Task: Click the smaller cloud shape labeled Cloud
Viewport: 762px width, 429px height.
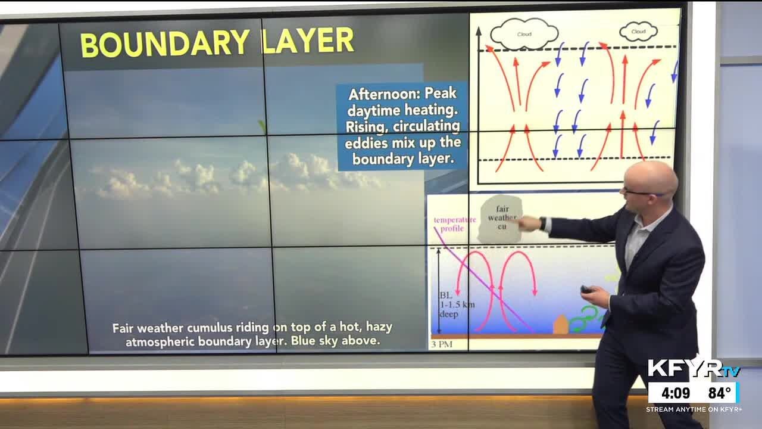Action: pyautogui.click(x=638, y=32)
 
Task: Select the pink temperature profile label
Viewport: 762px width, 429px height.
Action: pyautogui.click(x=454, y=224)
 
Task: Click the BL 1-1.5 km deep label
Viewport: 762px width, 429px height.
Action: pyautogui.click(x=457, y=304)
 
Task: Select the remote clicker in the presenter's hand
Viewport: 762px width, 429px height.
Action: pyautogui.click(x=587, y=290)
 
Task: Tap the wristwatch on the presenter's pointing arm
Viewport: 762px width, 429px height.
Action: pyautogui.click(x=543, y=223)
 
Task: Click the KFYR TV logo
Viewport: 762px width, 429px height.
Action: pyautogui.click(x=693, y=369)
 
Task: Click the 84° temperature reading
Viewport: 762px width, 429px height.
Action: pyautogui.click(x=719, y=393)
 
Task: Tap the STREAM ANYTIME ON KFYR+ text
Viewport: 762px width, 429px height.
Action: pyautogui.click(x=694, y=409)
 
